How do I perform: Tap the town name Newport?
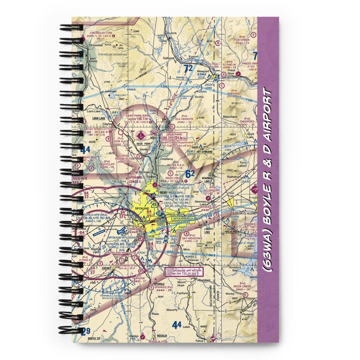[203, 71]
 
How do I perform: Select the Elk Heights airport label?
[184, 119]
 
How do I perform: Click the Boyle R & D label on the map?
[176, 165]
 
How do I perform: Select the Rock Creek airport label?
[242, 287]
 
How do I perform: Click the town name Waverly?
[172, 309]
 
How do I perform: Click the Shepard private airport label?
[234, 94]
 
